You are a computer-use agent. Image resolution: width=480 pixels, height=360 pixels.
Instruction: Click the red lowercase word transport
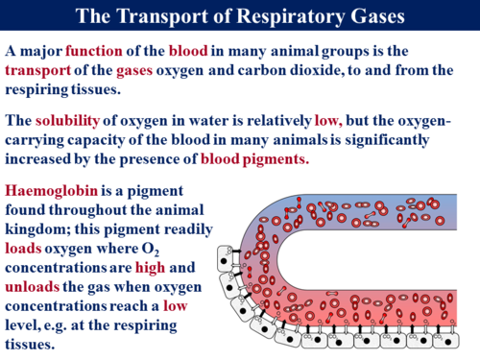coord(41,71)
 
